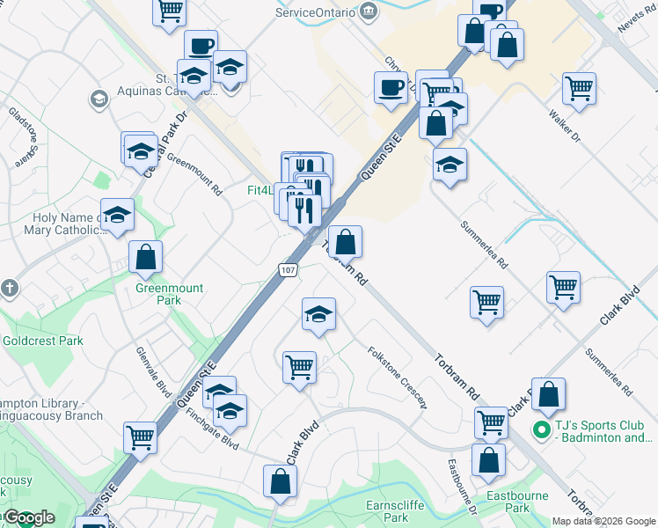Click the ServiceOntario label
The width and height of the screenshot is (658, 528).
[x=315, y=12]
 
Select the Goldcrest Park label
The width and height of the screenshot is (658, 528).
[x=42, y=341]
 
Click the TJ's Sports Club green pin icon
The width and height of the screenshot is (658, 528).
[x=544, y=430]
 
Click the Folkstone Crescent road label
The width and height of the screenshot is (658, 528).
[x=398, y=377]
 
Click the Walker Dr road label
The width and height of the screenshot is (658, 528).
[x=564, y=126]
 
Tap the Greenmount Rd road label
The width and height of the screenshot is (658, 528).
[x=194, y=173]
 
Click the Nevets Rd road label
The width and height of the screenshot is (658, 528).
[x=634, y=18]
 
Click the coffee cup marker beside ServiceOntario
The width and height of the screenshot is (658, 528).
[x=390, y=87]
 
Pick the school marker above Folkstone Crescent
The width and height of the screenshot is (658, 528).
[x=318, y=313]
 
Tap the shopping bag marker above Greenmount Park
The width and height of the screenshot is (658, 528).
[x=146, y=256]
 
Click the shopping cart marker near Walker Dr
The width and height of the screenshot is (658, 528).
[x=579, y=88]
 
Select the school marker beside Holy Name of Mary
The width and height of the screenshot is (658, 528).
[x=116, y=216]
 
